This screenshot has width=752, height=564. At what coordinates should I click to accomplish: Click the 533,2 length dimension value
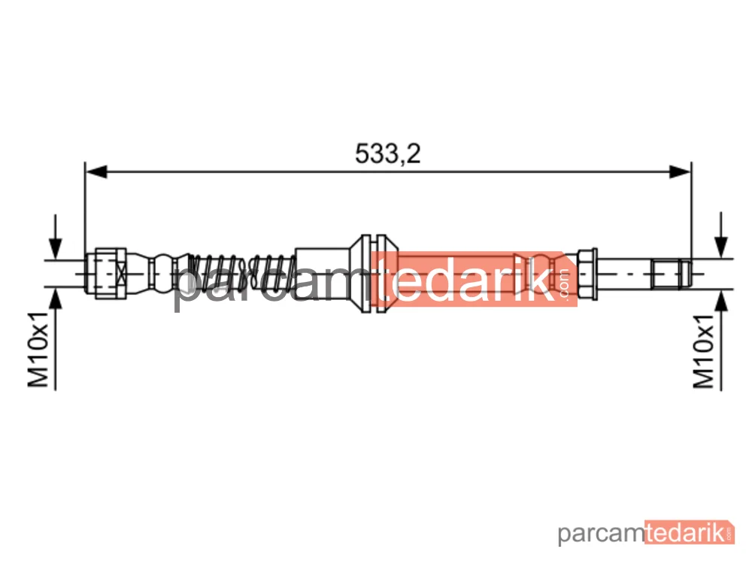[387, 153]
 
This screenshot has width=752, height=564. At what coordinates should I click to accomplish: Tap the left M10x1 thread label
[38, 349]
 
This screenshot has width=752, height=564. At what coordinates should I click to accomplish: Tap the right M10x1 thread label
[704, 351]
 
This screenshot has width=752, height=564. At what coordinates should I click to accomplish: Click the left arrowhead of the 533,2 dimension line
[96, 171]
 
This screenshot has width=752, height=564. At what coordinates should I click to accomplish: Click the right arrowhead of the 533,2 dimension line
[681, 171]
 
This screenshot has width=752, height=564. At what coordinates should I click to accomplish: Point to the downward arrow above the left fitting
[56, 237]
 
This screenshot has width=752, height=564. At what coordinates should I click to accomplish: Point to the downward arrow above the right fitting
[721, 235]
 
